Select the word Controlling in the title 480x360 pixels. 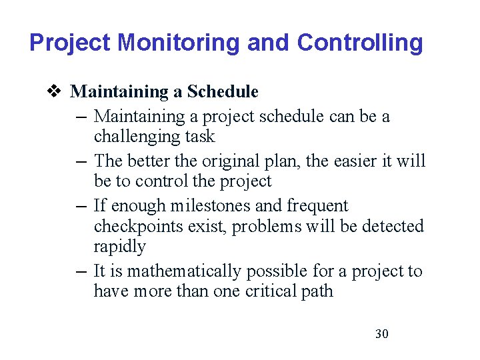tap(360, 43)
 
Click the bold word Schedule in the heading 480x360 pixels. tap(223, 91)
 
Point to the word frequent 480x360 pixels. tap(317, 206)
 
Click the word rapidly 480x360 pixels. tap(119, 247)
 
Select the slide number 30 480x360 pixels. tap(382, 333)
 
